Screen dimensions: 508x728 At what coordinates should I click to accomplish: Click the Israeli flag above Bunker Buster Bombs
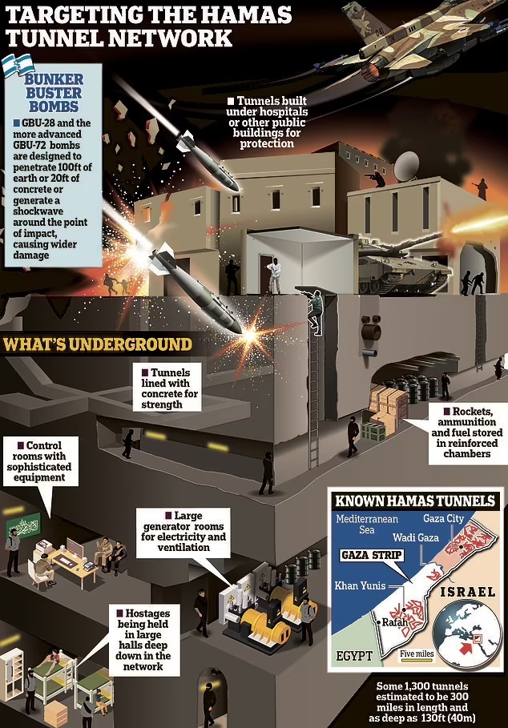(18, 64)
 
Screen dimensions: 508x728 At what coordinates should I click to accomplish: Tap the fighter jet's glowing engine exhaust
(371, 71)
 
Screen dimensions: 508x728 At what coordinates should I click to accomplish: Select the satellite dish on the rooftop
(406, 166)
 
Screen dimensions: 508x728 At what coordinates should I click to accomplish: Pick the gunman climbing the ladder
(315, 311)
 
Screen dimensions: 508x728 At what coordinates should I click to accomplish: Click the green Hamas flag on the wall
(24, 525)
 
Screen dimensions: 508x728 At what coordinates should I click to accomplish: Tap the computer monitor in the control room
(75, 548)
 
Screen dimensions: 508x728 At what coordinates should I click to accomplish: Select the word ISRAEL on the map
(467, 592)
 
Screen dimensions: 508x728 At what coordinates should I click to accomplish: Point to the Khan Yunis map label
(360, 585)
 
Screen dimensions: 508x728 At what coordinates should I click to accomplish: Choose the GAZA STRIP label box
(372, 555)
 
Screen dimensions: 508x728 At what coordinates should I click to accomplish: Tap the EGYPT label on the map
(354, 656)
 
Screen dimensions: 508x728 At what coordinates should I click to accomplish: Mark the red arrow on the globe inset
(466, 646)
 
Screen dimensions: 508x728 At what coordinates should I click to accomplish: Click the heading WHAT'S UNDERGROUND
(97, 344)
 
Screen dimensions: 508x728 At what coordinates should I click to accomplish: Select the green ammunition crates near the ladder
(374, 432)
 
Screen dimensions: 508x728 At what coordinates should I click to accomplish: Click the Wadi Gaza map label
(416, 537)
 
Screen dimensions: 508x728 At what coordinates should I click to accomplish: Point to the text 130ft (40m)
(448, 718)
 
